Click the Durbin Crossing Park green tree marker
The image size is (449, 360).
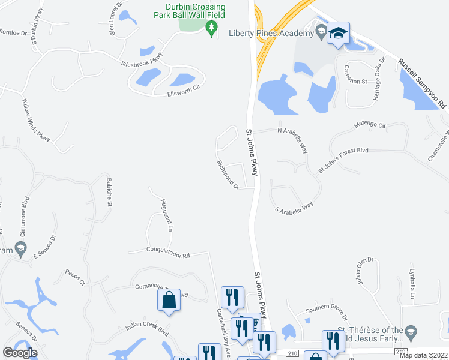(211, 28)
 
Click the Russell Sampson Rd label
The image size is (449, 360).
(422, 83)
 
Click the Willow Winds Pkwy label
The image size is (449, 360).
(37, 120)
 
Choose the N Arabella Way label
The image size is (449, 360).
(293, 136)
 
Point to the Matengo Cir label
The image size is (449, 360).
(369, 125)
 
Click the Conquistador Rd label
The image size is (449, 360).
(167, 252)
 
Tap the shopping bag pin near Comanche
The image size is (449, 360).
(170, 299)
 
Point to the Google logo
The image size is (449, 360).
(20, 353)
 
